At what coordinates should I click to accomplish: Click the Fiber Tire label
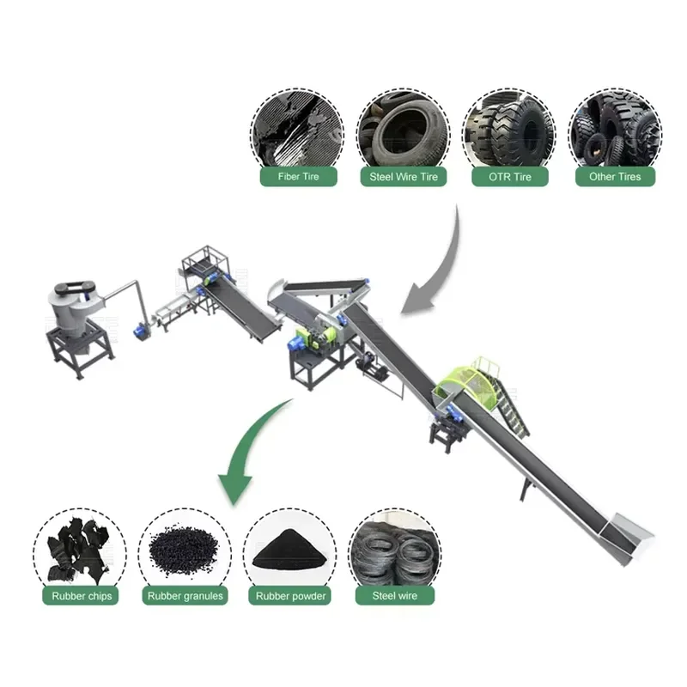pos(298,177)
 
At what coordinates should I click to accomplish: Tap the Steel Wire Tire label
pos(404,177)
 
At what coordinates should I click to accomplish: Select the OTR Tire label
pos(510,177)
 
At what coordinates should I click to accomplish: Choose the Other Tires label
pos(615,177)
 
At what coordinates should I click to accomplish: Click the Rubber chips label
pos(82,596)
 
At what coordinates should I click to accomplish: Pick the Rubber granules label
pos(185,596)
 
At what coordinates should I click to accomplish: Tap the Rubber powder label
pos(290,596)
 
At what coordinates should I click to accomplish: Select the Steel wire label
pos(395,596)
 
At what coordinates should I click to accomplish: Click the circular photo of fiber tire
pos(297,131)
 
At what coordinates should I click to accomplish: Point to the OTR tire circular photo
pos(509,131)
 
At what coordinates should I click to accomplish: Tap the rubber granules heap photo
pos(184,550)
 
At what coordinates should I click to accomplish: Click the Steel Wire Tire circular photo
pos(404,131)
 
